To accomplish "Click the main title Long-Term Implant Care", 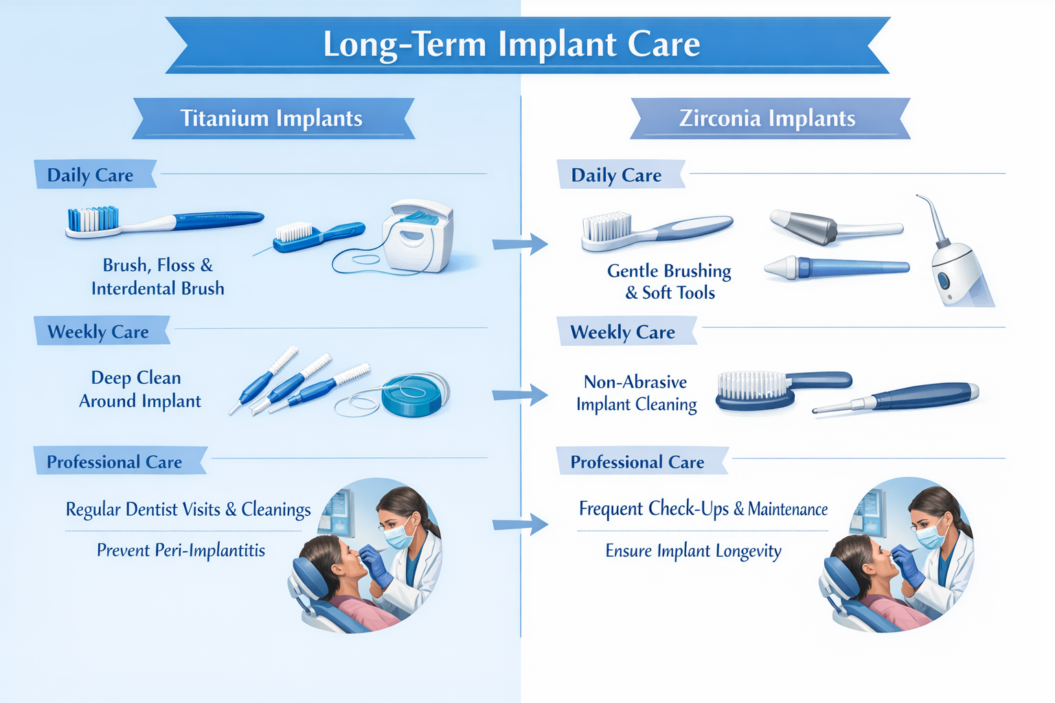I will (512, 45).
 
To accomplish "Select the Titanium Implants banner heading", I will (271, 118).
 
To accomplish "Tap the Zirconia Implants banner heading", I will (767, 118).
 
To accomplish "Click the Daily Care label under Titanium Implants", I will (90, 175).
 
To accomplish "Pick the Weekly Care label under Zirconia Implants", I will (622, 332).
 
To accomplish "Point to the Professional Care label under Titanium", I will (114, 462).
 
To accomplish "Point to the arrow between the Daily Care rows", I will (520, 244).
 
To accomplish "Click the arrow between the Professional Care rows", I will (520, 525).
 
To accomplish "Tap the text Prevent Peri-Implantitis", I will (181, 551).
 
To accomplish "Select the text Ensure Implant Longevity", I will (693, 551).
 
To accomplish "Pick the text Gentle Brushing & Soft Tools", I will (669, 282).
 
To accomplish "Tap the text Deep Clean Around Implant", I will (139, 389).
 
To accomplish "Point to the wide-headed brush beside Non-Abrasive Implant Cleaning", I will (756, 390).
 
